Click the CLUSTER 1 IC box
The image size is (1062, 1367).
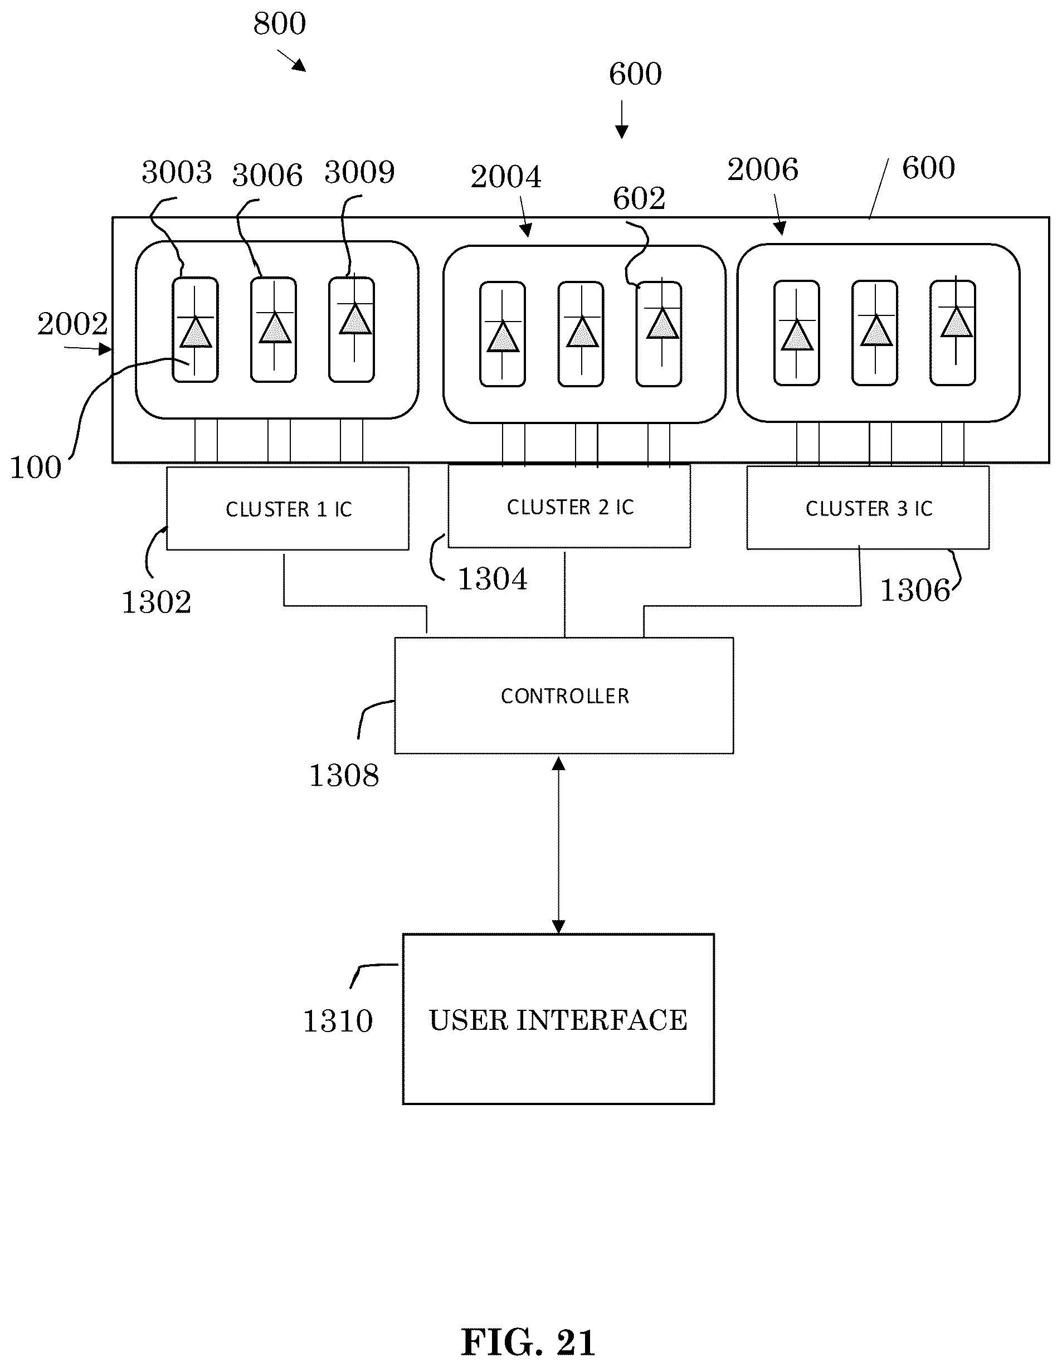click(288, 508)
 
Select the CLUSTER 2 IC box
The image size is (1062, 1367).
click(569, 506)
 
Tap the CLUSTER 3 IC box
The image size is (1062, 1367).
click(868, 508)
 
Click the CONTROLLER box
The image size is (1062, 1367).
click(564, 695)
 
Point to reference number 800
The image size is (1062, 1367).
click(279, 25)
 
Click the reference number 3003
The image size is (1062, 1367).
click(177, 172)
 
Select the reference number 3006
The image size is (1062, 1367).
click(267, 174)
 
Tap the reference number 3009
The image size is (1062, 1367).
click(359, 172)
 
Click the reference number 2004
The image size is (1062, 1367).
click(506, 177)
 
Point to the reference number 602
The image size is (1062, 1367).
click(639, 198)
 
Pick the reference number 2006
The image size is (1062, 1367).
click(762, 169)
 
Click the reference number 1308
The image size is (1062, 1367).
click(344, 776)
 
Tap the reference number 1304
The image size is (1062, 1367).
click(493, 579)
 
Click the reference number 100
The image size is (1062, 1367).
click(35, 468)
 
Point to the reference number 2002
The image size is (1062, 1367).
click(72, 324)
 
